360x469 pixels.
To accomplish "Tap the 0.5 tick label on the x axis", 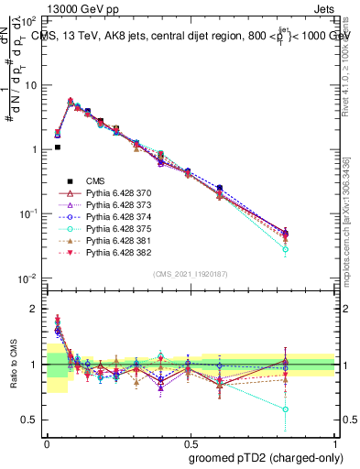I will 191,442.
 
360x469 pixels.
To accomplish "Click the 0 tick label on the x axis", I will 47,442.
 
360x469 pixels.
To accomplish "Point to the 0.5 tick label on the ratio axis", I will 32,420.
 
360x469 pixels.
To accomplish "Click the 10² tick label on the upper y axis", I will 31,20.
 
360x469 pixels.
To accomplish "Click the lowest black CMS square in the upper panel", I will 57,147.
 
